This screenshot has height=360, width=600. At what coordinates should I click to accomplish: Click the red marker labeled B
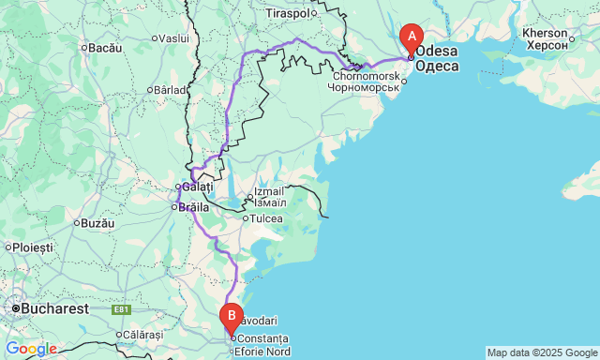tap(231, 318)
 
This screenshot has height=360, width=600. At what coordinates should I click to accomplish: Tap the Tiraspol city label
tap(287, 14)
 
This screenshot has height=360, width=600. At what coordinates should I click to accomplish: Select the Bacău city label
tap(106, 46)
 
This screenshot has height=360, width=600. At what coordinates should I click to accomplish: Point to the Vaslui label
tap(174, 38)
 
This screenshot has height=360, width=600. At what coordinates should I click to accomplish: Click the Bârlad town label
tap(172, 90)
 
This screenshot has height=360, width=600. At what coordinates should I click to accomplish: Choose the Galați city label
tap(198, 187)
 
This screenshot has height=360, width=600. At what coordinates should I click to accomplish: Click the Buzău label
tap(97, 223)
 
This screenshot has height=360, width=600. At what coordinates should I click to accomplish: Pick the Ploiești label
tap(33, 247)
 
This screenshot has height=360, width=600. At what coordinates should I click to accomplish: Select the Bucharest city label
tap(56, 307)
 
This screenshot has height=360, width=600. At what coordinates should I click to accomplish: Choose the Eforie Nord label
tap(264, 352)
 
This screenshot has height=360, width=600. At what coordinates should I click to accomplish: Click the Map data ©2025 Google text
tap(541, 352)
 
